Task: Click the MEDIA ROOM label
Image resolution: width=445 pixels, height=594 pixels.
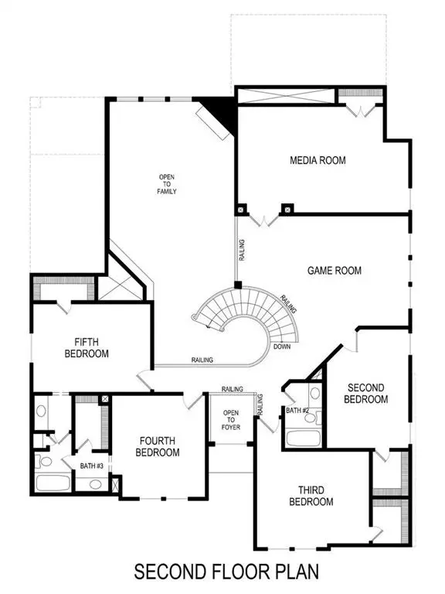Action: tap(318, 161)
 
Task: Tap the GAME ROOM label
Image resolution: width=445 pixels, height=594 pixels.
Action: tap(335, 271)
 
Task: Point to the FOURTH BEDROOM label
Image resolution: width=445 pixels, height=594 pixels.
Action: tap(158, 446)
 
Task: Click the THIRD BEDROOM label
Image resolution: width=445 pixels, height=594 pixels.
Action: tap(311, 496)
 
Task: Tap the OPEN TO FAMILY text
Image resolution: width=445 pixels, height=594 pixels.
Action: tap(168, 184)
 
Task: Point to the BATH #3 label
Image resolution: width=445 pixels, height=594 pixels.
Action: tap(92, 466)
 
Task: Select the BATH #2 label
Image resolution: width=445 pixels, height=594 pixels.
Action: tap(297, 410)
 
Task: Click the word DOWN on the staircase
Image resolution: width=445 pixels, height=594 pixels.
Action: tap(282, 346)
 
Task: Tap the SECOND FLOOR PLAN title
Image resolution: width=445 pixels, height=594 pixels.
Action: tap(226, 572)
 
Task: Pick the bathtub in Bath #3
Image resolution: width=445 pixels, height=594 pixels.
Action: tap(53, 484)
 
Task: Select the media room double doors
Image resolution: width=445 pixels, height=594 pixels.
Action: tap(264, 219)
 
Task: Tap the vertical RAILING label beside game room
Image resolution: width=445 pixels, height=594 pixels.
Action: tap(242, 251)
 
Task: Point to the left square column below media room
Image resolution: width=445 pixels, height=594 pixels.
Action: tap(242, 208)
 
